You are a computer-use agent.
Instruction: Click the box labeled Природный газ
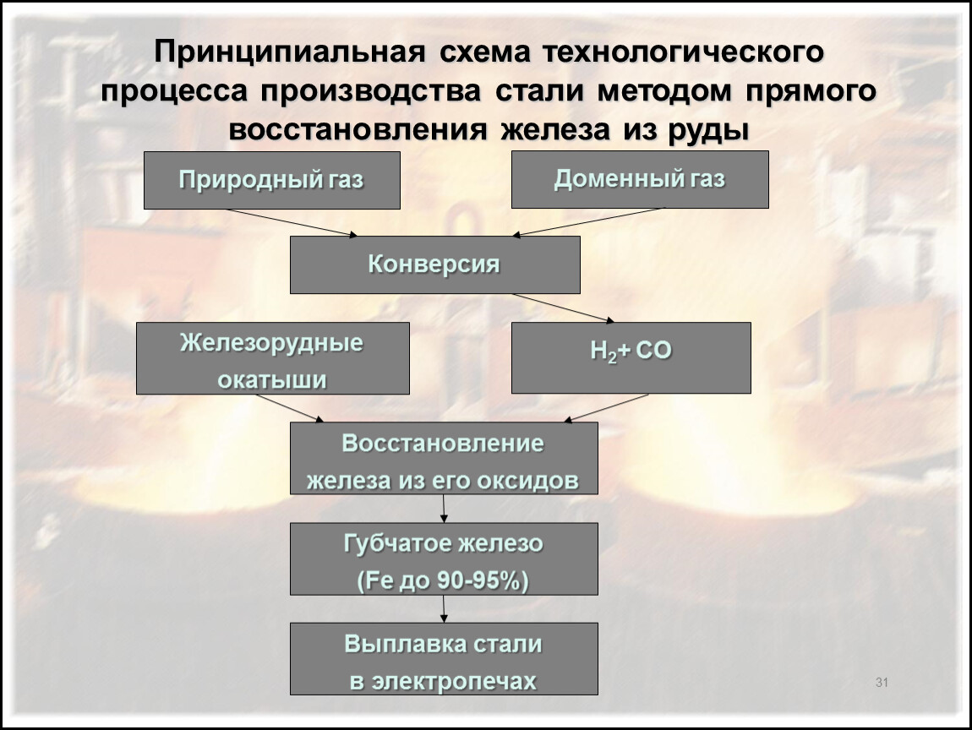271,180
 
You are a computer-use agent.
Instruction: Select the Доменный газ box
640,179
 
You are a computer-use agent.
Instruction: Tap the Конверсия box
434,264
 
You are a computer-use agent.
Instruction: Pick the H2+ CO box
631,357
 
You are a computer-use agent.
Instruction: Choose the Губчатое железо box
444,558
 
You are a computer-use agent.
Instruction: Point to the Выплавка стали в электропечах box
444,658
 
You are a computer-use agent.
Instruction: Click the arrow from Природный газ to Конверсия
292,222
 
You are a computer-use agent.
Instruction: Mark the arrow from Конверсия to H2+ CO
564,308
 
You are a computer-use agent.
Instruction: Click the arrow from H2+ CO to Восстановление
608,407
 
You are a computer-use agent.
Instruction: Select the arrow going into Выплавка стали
445,609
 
